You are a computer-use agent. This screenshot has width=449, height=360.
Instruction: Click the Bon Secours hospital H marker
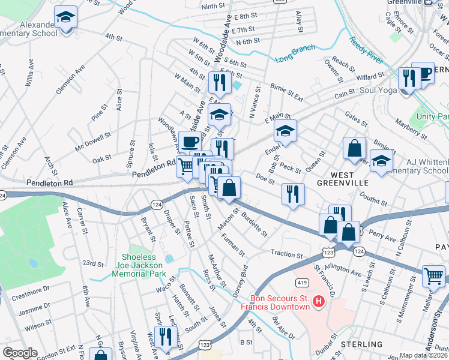click(x=319, y=301)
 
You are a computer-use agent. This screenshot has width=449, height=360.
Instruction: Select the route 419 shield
click(x=301, y=282)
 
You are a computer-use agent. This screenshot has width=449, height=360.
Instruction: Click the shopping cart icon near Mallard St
click(x=433, y=276)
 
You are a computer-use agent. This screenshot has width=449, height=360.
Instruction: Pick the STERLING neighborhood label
click(x=362, y=344)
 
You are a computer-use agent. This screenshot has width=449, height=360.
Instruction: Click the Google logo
click(x=20, y=353)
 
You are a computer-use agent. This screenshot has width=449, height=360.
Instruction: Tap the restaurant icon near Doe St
click(x=293, y=194)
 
